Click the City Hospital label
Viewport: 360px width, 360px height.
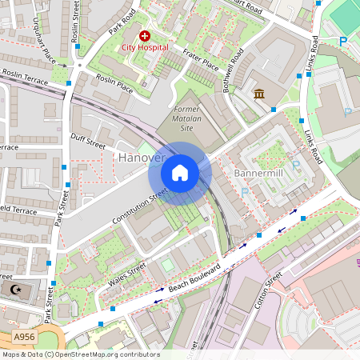tap(145, 47)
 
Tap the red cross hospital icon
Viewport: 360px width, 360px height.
tap(145, 36)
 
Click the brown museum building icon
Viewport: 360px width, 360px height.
tap(260, 95)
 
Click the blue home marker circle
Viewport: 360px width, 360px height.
tap(180, 172)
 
